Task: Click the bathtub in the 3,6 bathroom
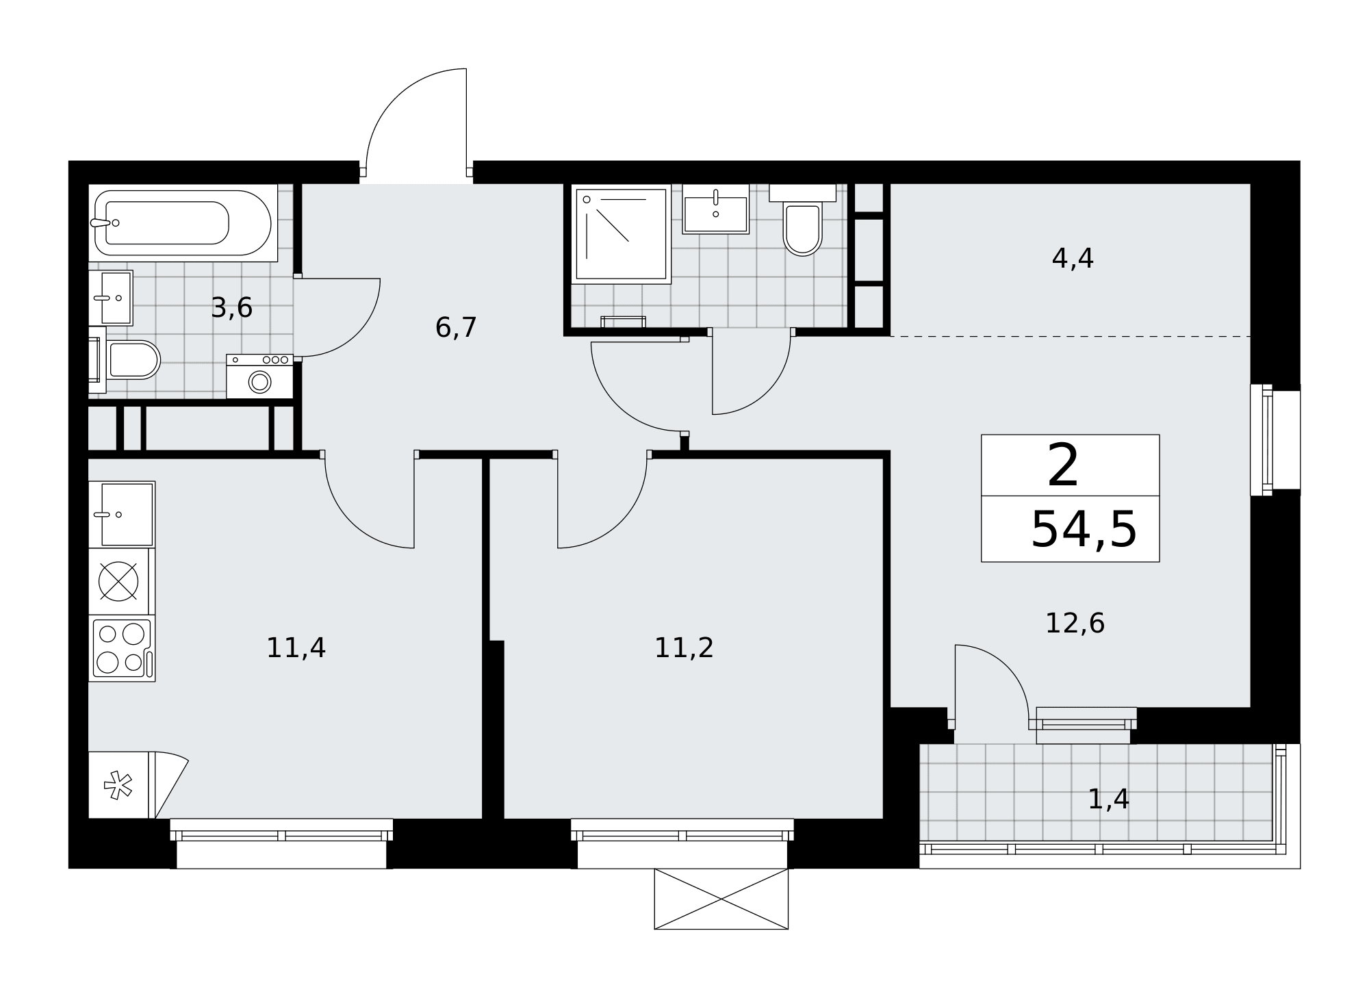[183, 222]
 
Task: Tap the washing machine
[259, 376]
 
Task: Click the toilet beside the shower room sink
[802, 220]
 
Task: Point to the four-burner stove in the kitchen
[122, 648]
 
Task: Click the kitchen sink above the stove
[122, 514]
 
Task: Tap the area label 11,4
[296, 648]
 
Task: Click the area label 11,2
[684, 648]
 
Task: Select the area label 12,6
[1075, 623]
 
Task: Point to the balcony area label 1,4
[1108, 799]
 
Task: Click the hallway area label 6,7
[456, 327]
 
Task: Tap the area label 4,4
[1073, 258]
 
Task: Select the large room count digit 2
[1063, 466]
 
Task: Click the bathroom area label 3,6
[232, 308]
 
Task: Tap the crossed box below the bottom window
[721, 899]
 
